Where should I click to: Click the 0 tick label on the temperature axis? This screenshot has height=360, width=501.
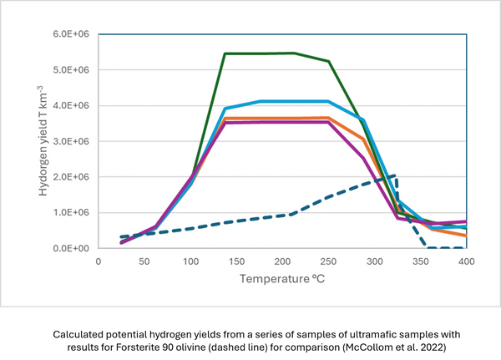click(x=99, y=261)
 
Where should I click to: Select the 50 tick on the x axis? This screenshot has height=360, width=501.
click(x=144, y=261)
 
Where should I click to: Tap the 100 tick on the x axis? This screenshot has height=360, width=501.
click(x=190, y=261)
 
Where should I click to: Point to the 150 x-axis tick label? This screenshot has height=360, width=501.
click(x=236, y=261)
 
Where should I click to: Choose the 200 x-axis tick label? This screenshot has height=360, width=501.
click(x=283, y=261)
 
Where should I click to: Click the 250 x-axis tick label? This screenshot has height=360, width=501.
click(x=329, y=261)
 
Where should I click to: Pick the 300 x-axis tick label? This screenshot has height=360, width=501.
click(x=375, y=261)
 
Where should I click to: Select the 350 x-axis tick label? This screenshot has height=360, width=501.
click(x=421, y=261)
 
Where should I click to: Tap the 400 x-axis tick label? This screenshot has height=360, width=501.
click(x=467, y=261)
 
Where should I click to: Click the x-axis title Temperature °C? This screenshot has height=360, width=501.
click(x=282, y=279)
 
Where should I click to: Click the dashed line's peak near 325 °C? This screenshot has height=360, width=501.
click(x=395, y=176)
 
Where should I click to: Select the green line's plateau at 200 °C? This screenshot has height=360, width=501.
click(x=283, y=53)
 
